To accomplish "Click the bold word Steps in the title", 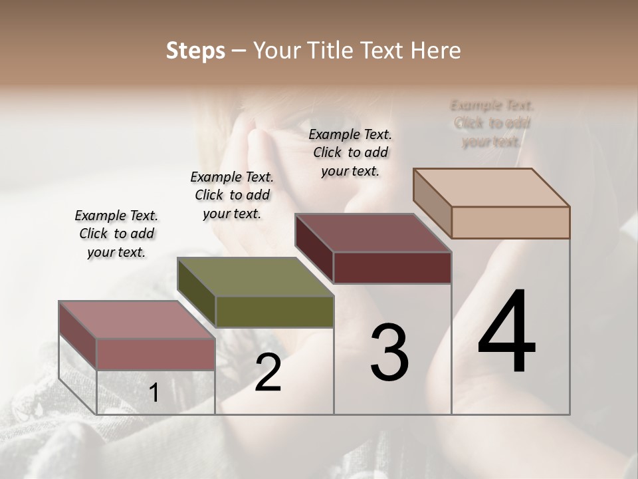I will (x=195, y=51).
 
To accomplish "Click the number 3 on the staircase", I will (x=389, y=352).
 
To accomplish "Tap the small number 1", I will (x=154, y=393).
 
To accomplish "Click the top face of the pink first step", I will (x=136, y=319).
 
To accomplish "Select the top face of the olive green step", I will (x=256, y=277).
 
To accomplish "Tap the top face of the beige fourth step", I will (x=492, y=188).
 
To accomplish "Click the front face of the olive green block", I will (x=274, y=311).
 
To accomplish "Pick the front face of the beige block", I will (x=510, y=222).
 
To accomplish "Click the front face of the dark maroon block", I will (x=392, y=267).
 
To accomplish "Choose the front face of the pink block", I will (x=156, y=354).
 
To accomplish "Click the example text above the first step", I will (x=116, y=234).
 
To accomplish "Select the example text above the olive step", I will (x=232, y=195).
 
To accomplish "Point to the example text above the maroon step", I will (x=350, y=152).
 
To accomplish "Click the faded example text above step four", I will (x=492, y=123).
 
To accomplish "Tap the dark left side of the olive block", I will (x=197, y=293).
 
